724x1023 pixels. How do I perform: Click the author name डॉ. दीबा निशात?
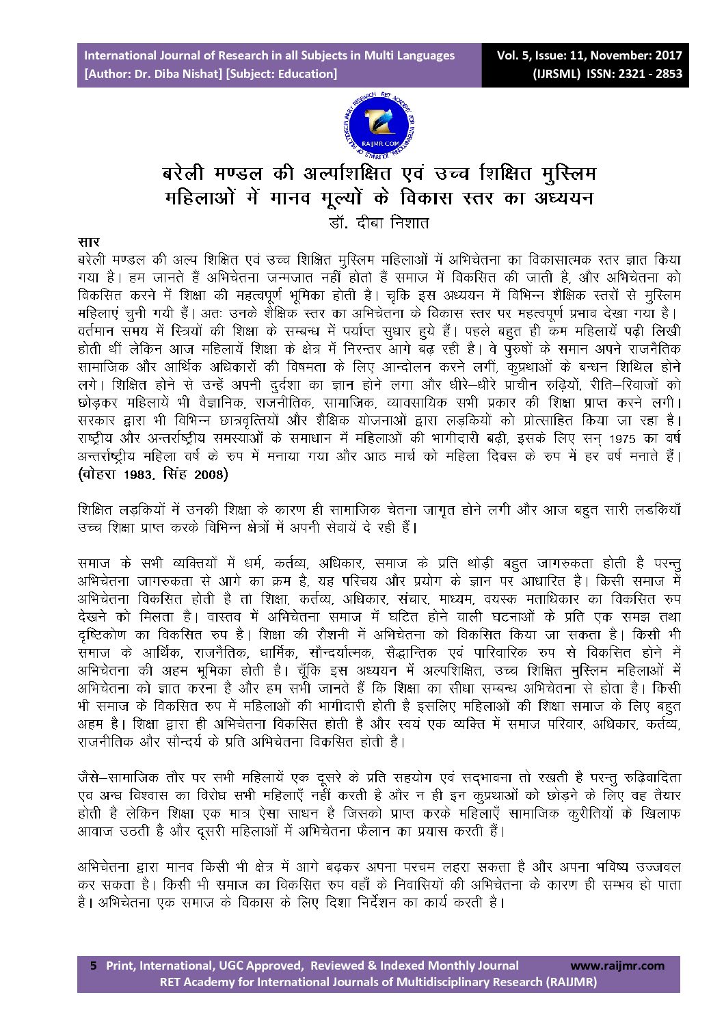coord(378,222)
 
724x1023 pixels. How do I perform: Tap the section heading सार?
coord(88,242)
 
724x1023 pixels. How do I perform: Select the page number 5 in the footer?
coord(94,966)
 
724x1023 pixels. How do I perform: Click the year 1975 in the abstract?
coord(623,438)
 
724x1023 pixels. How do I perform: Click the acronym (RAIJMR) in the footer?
coord(570,982)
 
